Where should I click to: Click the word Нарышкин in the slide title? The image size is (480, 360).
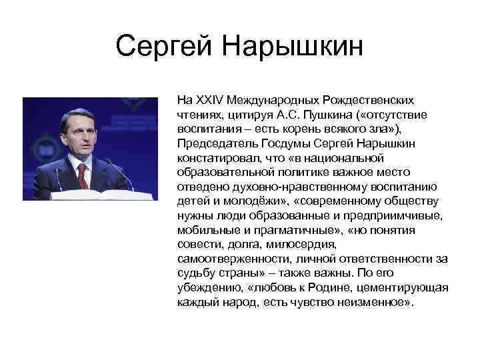pyautogui.click(x=293, y=47)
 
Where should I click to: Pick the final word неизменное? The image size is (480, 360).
pyautogui.click(x=377, y=302)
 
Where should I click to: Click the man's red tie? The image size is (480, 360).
pyautogui.click(x=81, y=176)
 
